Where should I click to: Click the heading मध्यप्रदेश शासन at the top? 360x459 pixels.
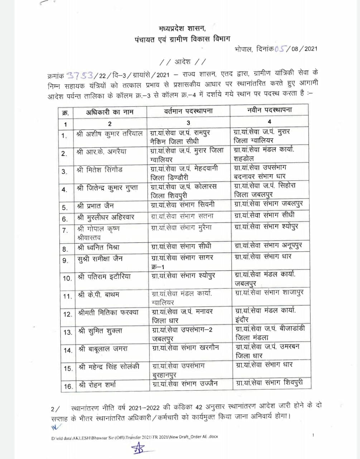(182, 28)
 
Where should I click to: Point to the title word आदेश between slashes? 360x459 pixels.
(182, 62)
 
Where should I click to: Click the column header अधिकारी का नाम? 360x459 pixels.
(110, 112)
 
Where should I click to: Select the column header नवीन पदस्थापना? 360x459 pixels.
(269, 110)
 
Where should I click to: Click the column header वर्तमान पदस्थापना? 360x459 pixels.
(188, 111)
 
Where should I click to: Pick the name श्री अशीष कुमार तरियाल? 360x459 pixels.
(109, 133)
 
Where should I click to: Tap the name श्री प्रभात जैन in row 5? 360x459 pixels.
(95, 207)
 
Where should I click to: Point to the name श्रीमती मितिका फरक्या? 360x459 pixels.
(108, 313)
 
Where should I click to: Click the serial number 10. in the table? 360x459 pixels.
(67, 278)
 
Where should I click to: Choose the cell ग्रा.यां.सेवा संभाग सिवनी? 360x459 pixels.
(183, 205)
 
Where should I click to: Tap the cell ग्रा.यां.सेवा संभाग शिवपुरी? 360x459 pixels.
(269, 383)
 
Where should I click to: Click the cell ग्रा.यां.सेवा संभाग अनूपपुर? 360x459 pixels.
(268, 246)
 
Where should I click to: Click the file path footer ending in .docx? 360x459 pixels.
(134, 436)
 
